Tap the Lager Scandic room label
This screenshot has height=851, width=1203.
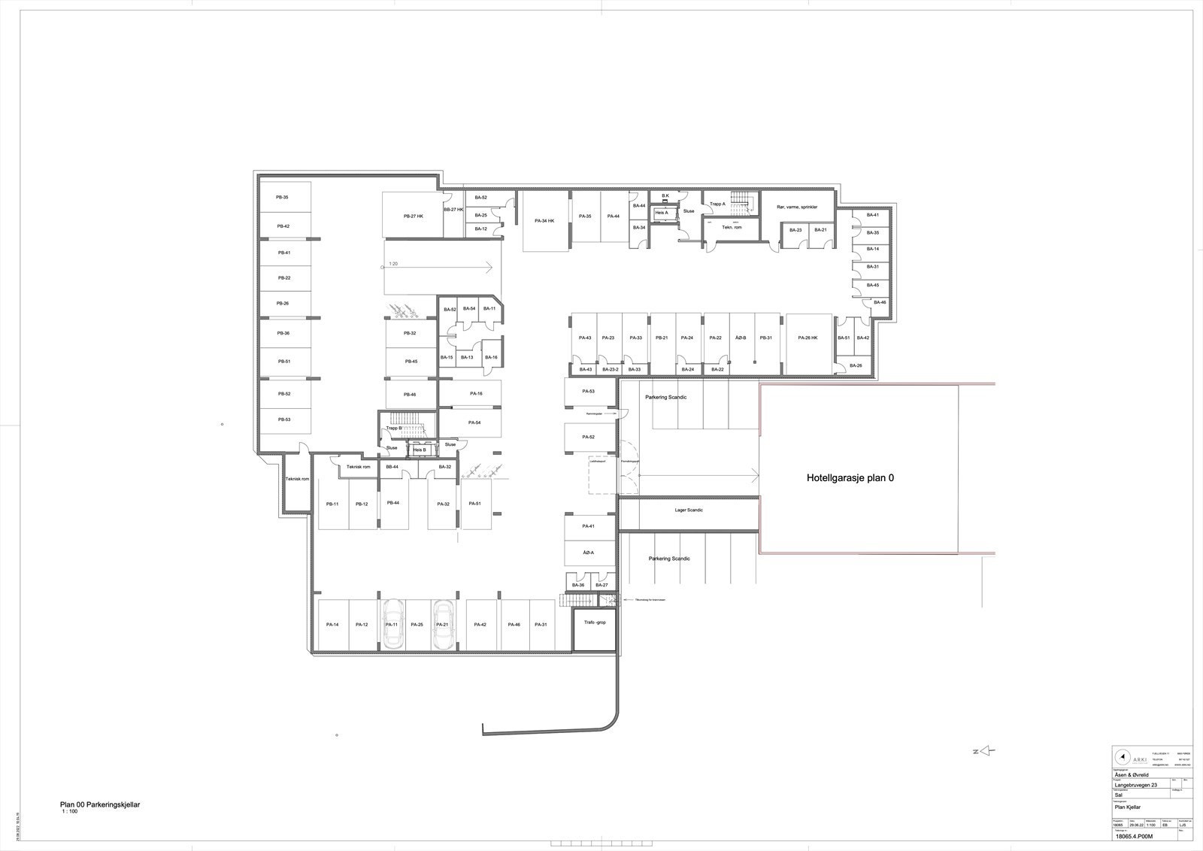688,510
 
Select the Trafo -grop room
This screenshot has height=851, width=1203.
594,623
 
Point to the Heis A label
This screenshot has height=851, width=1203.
662,213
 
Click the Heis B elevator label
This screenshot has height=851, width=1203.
420,450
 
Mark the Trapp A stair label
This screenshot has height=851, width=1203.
717,204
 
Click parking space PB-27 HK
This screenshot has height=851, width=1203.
414,216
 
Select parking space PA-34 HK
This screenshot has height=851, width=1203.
544,221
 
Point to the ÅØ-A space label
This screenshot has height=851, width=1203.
589,553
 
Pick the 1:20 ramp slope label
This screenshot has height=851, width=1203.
393,264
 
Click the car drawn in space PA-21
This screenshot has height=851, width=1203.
443,625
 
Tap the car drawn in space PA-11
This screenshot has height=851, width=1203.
392,625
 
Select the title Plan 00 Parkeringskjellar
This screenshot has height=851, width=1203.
100,804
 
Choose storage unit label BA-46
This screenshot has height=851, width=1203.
879,302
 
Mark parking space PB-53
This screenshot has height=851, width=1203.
283,419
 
